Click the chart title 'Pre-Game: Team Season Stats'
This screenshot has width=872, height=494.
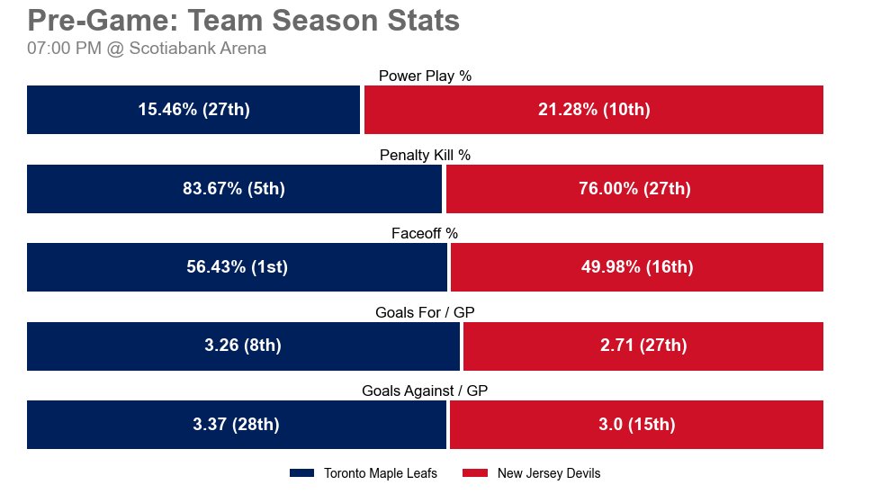(x=244, y=21)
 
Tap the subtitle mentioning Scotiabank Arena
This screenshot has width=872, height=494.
(x=147, y=49)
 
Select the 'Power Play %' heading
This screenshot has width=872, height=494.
(x=425, y=76)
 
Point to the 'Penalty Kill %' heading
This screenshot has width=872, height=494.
(x=425, y=155)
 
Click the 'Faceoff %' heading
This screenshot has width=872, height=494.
(x=425, y=234)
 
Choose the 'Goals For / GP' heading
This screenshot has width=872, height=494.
(x=425, y=312)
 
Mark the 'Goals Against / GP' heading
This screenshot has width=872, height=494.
(x=425, y=391)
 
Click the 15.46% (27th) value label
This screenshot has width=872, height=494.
(x=193, y=110)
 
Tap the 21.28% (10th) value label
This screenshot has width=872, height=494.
(x=594, y=110)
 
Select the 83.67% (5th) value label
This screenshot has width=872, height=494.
(x=234, y=189)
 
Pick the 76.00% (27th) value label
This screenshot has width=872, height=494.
(x=634, y=189)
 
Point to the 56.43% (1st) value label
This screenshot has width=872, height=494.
(x=237, y=267)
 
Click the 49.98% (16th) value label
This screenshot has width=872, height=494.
(x=637, y=267)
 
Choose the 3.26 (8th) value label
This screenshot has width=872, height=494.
(x=243, y=346)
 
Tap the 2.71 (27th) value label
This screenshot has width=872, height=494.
(x=643, y=346)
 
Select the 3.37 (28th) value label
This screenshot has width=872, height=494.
(x=236, y=425)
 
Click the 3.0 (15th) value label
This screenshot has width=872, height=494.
(x=636, y=425)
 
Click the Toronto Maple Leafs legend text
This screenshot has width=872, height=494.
(x=380, y=473)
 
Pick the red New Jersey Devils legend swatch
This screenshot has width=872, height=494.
(x=475, y=473)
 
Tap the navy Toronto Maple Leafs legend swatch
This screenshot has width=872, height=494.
(x=301, y=473)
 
